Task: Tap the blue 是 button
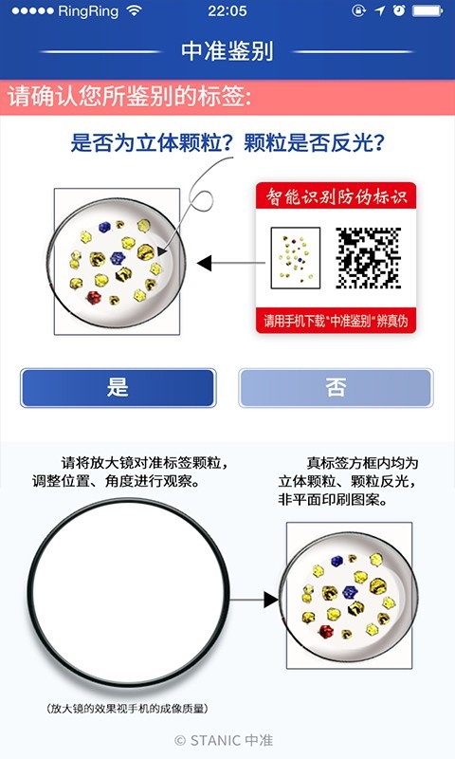118,387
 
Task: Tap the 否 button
336,387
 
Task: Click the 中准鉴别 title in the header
227,51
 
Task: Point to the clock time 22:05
227,10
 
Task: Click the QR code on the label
368,257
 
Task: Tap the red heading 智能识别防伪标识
337,197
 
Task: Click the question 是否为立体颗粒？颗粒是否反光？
233,143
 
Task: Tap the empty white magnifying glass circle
128,599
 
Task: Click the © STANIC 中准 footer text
224,739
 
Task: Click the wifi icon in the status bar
134,10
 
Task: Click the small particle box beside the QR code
295,258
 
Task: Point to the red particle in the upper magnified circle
94,297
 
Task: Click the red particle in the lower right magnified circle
330,632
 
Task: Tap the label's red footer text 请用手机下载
337,321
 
